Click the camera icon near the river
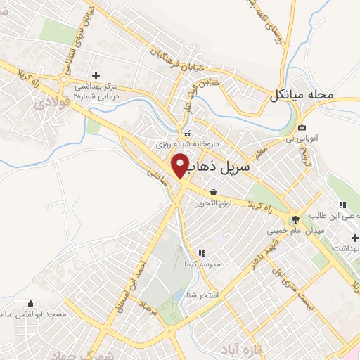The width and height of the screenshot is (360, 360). (302, 127)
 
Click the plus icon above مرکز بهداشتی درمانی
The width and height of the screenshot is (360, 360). (96, 75)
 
